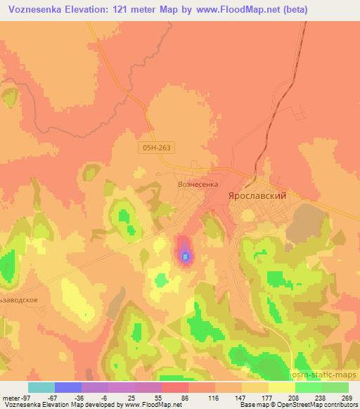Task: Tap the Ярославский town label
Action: (x=257, y=196)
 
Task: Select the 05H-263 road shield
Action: (x=156, y=148)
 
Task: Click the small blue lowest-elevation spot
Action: (x=185, y=257)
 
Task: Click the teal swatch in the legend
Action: (x=41, y=387)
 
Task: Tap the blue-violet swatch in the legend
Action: (x=68, y=387)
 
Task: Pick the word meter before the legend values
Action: (x=8, y=397)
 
